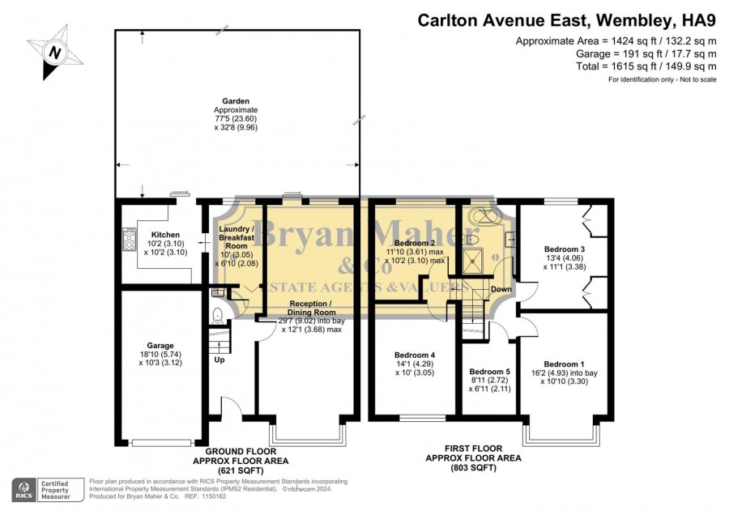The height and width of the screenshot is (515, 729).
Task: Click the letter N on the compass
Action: (55, 53)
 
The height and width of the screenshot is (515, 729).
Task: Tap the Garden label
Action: (236, 101)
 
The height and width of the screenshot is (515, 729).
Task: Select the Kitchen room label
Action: (165, 235)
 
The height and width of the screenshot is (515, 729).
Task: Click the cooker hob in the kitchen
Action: (130, 239)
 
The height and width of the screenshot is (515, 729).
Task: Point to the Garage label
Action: (160, 345)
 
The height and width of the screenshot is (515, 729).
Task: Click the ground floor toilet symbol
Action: (217, 316)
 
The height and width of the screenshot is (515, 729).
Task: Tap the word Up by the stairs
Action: (220, 360)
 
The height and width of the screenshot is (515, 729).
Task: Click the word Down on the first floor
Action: (501, 289)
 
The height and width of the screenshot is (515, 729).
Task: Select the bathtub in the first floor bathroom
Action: (486, 216)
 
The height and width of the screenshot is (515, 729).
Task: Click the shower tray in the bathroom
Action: (473, 262)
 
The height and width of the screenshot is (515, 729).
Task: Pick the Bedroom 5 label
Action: (489, 372)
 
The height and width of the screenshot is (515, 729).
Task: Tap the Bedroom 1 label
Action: (564, 364)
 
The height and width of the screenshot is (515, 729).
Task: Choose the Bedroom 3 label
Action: (565, 249)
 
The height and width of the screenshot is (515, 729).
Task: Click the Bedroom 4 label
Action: (415, 355)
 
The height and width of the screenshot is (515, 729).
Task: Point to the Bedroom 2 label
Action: (415, 243)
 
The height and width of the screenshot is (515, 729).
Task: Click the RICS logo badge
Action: (23, 490)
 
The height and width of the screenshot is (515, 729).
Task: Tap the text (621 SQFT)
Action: (241, 470)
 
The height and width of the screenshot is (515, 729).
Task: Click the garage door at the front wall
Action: (161, 443)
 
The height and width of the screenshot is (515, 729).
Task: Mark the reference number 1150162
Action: (212, 496)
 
